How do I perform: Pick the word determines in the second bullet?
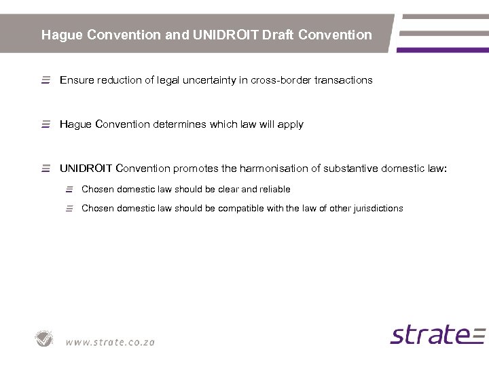[x=171, y=124]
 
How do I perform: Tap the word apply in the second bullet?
[x=290, y=125]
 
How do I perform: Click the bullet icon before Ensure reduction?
[x=46, y=80]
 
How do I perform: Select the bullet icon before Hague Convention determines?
[x=46, y=124]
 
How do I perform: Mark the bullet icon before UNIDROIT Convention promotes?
[x=46, y=168]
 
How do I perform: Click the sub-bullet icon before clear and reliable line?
[x=69, y=190]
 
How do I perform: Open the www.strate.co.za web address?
[x=110, y=342]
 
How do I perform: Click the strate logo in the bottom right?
[x=437, y=334]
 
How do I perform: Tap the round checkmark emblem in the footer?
[x=45, y=338]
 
